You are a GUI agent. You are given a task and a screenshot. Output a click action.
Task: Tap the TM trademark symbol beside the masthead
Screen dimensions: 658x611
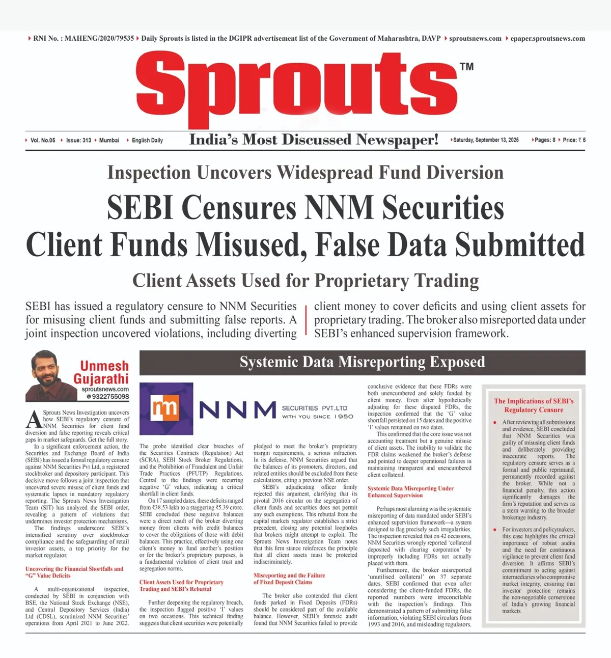point(466,67)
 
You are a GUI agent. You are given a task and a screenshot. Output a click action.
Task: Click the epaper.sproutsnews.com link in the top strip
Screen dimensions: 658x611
point(547,38)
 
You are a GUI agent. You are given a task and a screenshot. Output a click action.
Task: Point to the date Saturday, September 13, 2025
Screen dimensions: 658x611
point(486,140)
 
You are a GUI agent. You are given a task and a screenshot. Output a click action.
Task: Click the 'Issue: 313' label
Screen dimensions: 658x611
point(78,140)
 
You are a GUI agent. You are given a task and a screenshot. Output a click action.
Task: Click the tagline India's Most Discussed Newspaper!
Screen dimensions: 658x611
point(314,140)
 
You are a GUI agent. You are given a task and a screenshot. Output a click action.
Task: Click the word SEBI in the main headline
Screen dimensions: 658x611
point(140,208)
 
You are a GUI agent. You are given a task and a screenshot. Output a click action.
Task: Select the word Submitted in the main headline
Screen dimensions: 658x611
point(520,244)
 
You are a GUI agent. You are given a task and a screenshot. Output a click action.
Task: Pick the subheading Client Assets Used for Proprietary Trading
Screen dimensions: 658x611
point(305,281)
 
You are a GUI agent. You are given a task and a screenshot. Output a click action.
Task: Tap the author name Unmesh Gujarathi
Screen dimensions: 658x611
point(102,372)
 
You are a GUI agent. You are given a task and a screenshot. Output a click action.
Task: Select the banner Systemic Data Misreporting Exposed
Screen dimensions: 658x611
point(362,362)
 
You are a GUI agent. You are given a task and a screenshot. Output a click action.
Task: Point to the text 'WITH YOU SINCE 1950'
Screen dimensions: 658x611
point(318,417)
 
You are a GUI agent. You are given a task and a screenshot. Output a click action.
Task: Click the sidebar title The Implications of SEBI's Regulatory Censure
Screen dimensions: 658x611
point(534,405)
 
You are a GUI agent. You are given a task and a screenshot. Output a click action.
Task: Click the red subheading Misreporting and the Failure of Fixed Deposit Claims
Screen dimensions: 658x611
point(289,579)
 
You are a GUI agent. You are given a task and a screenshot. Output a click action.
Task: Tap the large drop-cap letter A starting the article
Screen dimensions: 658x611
point(34,419)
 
